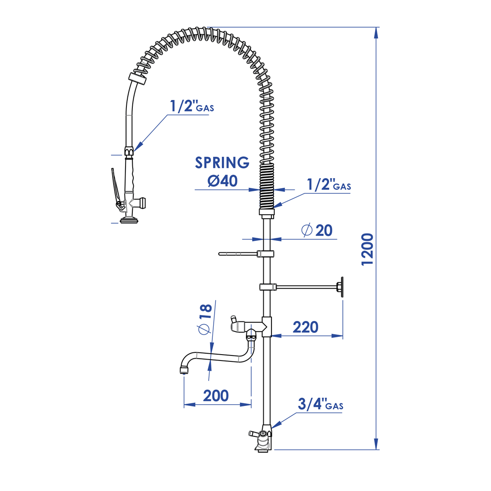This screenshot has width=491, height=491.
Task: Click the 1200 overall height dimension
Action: [367, 249]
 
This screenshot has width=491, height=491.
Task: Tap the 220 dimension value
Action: [306, 327]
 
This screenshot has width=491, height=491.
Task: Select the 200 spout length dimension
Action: [216, 396]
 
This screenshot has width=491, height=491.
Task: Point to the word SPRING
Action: [222, 162]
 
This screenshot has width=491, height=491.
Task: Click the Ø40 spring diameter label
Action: [222, 180]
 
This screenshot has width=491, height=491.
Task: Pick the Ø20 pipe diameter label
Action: [316, 230]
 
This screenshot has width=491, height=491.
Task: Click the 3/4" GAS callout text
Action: [321, 404]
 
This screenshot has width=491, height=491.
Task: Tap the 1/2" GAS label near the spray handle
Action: [192, 106]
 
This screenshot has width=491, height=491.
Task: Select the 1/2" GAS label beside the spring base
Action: [329, 184]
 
